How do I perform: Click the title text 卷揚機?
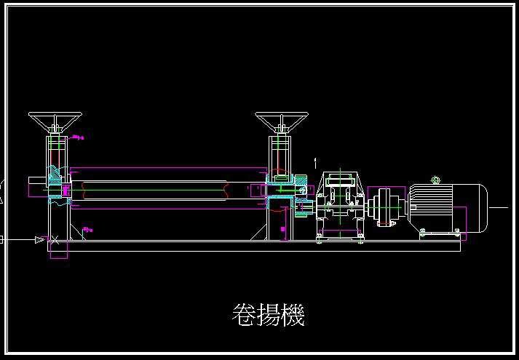tap(267, 315)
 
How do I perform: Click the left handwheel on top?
tap(55, 119)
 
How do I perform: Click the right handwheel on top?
tap(282, 119)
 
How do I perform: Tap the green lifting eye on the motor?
tap(436, 180)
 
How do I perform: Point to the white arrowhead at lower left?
tap(39, 239)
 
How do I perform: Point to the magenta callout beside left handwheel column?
tap(78, 137)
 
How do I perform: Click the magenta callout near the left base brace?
tap(87, 231)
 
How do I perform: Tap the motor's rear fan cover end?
tap(481, 208)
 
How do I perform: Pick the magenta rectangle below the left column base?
tap(58, 249)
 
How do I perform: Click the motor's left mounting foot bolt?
tap(423, 232)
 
